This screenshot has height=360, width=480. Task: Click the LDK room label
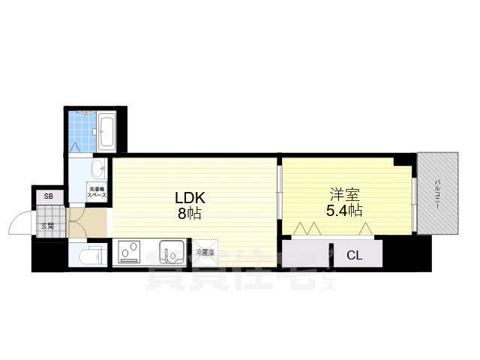[190, 198]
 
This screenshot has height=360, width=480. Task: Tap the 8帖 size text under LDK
[190, 213]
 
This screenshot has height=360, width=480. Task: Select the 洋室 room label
[340, 193]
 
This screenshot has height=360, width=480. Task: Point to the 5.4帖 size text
[343, 209]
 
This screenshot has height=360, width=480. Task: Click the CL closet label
[354, 256]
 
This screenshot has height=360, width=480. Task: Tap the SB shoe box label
[48, 197]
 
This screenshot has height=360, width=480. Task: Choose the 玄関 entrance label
[48, 225]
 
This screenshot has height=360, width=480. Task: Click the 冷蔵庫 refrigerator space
[205, 253]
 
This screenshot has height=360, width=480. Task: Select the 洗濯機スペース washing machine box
[97, 191]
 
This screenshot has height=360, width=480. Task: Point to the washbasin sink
[98, 167]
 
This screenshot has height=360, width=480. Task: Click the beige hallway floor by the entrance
[85, 223]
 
